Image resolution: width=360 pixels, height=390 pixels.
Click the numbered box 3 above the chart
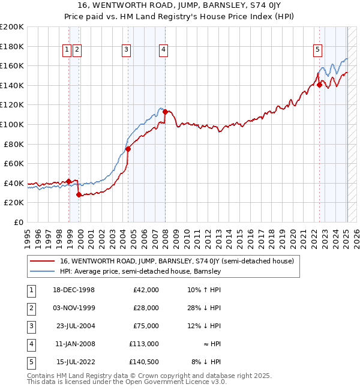(x=126, y=50)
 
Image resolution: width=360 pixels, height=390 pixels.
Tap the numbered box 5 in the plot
(x=317, y=50)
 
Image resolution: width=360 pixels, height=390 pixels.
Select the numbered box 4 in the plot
(x=163, y=50)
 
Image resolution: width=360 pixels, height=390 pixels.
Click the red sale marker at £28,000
(x=79, y=194)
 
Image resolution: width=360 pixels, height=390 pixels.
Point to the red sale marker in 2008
(x=165, y=112)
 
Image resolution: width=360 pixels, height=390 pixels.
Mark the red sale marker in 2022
(x=319, y=85)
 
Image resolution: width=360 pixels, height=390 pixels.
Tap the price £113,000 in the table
(x=144, y=344)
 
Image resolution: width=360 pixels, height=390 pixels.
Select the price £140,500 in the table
(x=144, y=362)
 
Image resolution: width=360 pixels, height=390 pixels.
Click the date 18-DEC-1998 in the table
(x=74, y=290)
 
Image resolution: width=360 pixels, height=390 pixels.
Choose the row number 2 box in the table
(x=29, y=308)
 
